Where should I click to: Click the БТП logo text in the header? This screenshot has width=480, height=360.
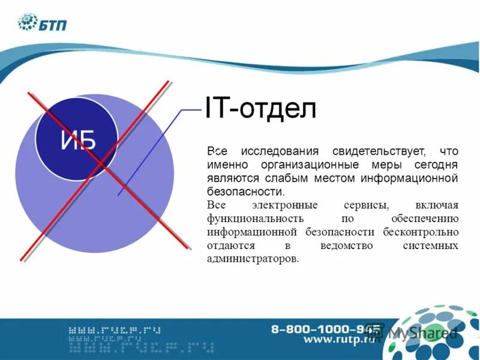pos(54,25)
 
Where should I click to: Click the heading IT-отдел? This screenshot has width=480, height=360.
pos(260,110)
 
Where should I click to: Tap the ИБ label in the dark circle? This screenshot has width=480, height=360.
pos(78,142)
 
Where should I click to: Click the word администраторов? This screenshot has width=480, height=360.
pos(252,260)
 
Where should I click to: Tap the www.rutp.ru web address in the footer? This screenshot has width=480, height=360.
pos(339,340)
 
